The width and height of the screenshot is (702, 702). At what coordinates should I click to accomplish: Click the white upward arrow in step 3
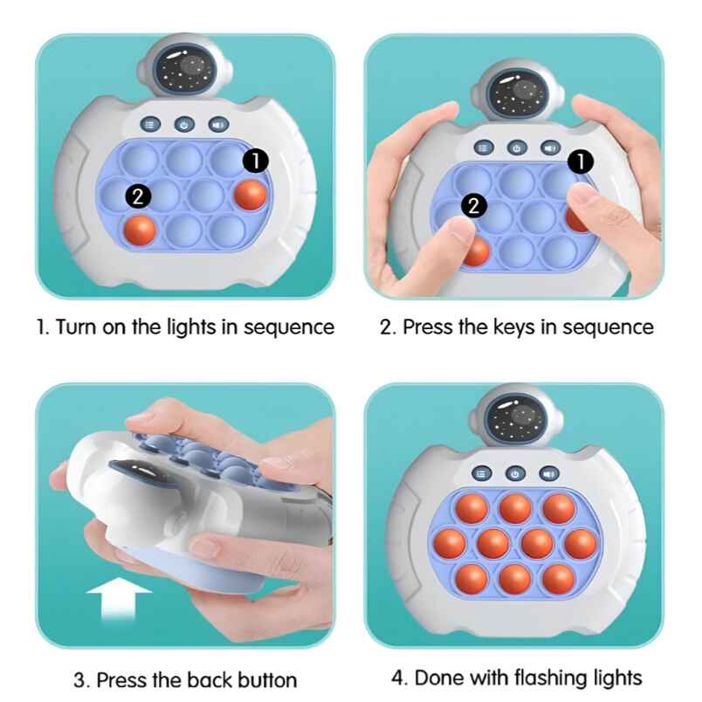(119, 603)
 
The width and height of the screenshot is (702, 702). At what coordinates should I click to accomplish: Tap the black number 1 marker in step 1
(254, 160)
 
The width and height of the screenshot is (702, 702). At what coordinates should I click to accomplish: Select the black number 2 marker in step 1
(137, 196)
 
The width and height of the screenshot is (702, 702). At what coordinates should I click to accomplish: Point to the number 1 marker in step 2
(581, 161)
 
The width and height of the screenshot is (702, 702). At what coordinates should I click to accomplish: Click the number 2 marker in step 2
(473, 206)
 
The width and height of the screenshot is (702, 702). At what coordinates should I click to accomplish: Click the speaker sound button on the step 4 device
(548, 472)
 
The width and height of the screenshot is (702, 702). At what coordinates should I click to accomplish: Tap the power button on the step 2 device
(516, 148)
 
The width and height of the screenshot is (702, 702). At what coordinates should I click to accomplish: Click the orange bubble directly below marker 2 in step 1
(140, 231)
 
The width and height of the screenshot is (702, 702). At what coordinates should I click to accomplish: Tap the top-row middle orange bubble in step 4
(514, 508)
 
